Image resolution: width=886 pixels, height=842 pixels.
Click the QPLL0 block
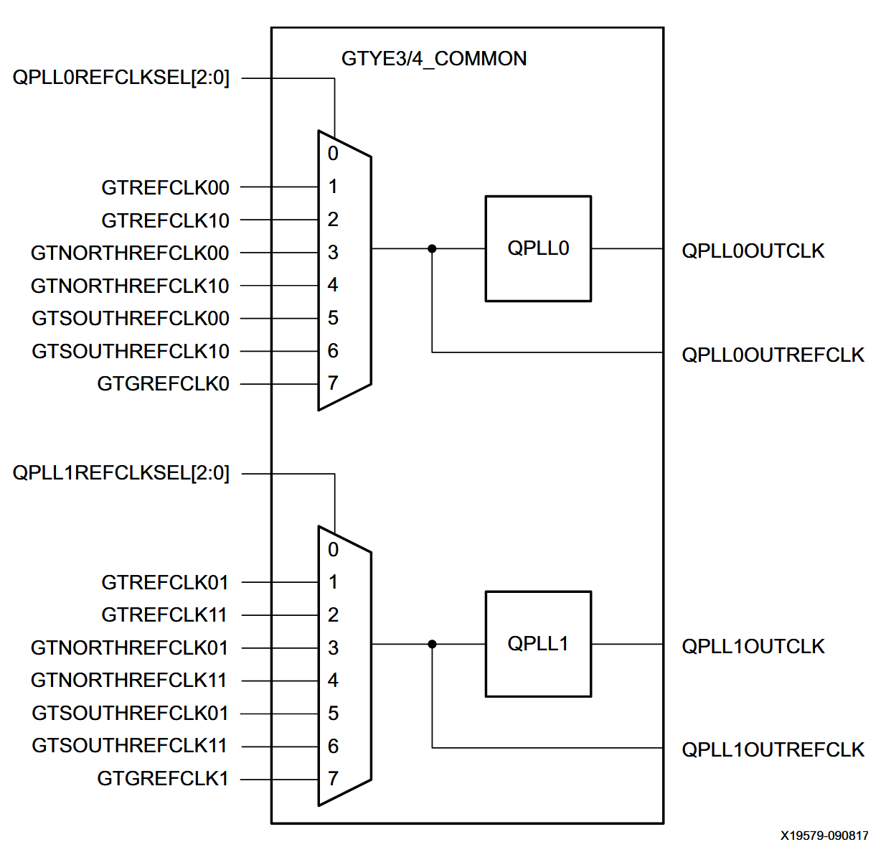(x=538, y=248)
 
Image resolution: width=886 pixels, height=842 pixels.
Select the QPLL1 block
(x=538, y=644)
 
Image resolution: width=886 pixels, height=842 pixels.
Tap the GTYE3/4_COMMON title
(x=433, y=59)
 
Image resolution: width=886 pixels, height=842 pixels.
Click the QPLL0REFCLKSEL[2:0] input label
(x=121, y=78)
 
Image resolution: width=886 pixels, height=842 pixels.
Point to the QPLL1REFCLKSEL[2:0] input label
(x=121, y=473)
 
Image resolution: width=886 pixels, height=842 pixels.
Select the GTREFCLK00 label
(x=165, y=188)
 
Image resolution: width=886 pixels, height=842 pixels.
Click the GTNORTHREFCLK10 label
(x=130, y=286)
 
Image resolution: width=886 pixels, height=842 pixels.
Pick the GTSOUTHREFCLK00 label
(x=131, y=319)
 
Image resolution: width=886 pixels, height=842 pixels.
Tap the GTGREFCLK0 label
(x=163, y=384)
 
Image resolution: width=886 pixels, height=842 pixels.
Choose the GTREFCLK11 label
(x=164, y=615)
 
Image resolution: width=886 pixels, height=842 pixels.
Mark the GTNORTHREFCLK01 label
(x=129, y=648)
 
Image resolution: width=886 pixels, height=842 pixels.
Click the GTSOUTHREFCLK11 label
(x=130, y=746)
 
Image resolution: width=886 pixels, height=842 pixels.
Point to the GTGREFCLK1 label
(x=163, y=779)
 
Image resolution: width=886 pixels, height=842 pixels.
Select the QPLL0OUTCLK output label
(x=753, y=251)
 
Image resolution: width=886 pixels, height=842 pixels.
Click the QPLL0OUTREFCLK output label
(x=773, y=355)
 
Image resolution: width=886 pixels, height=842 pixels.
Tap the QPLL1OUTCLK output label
(x=753, y=647)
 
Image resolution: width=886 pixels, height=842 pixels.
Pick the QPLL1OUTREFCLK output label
(x=773, y=750)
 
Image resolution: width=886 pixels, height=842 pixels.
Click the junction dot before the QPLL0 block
(x=432, y=249)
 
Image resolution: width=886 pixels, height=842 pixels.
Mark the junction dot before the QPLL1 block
(x=432, y=645)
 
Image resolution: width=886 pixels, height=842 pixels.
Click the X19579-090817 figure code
(x=824, y=835)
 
